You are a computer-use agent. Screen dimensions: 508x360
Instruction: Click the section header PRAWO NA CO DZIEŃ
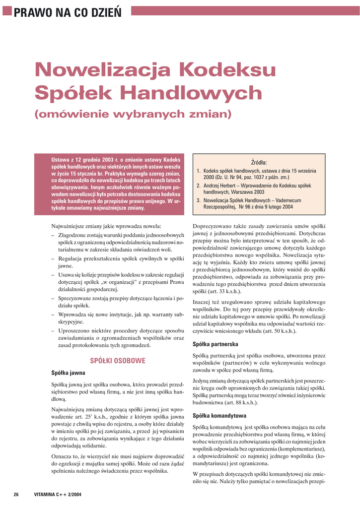tap(68, 11)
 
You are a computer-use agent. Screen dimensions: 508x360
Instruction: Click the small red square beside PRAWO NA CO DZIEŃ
tap(7, 10)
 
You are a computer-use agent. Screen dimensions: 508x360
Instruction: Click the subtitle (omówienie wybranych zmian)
tap(133, 114)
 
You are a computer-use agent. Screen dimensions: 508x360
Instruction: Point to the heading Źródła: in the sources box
tap(259, 162)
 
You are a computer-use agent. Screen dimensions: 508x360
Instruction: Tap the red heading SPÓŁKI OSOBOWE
tap(117, 361)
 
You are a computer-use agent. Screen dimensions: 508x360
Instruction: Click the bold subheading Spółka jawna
tap(69, 373)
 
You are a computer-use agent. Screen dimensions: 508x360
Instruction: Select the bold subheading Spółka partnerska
tap(215, 344)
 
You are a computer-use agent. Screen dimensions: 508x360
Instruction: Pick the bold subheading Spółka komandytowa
tap(219, 415)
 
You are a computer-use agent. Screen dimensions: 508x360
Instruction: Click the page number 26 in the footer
tap(16, 494)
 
